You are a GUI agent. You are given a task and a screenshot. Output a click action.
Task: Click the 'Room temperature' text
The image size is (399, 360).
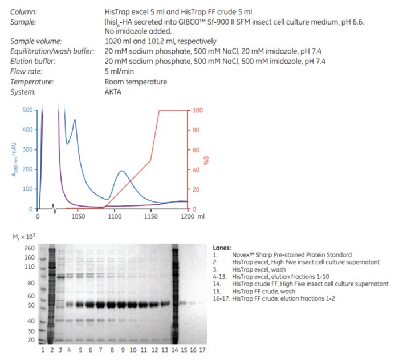136,82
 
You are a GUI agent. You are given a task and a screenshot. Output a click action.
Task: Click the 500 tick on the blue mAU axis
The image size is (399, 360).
27,110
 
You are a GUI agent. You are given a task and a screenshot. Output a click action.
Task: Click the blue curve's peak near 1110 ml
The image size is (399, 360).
121,171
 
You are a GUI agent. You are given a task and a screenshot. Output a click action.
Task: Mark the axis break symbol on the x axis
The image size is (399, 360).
54,209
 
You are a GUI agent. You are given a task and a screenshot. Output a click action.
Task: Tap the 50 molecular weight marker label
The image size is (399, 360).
31,305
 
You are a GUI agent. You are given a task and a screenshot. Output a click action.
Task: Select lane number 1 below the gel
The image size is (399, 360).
43,349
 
